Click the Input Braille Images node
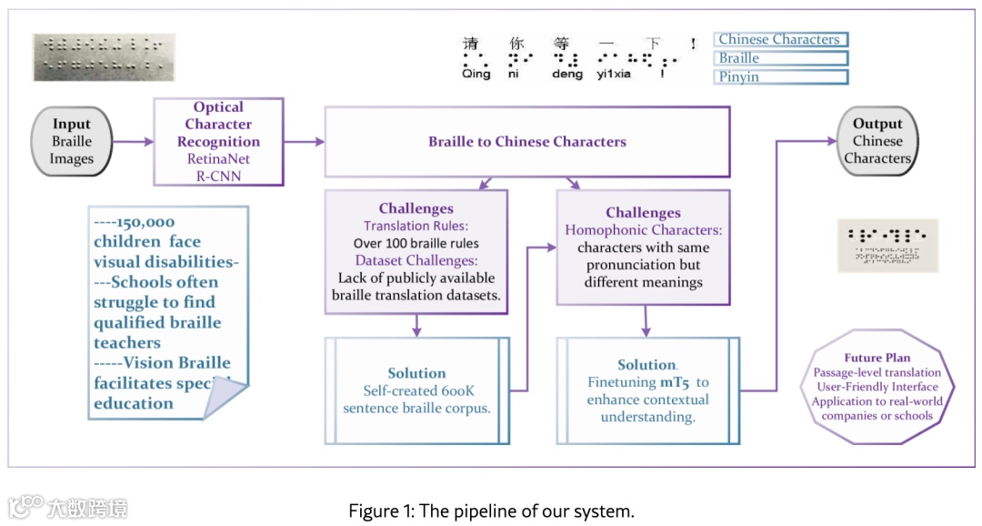click(72, 141)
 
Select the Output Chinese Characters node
click(877, 141)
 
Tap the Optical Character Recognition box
click(218, 141)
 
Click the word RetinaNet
click(218, 158)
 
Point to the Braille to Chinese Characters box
click(527, 141)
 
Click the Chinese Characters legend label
click(780, 39)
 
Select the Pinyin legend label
click(780, 77)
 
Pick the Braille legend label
click(780, 58)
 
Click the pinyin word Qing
click(476, 75)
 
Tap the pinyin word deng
click(566, 75)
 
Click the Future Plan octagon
click(877, 387)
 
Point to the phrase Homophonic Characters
click(643, 230)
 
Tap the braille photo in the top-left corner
click(104, 56)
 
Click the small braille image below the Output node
click(887, 245)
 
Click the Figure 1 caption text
click(491, 511)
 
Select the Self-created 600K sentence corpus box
click(416, 390)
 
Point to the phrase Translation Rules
click(416, 226)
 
